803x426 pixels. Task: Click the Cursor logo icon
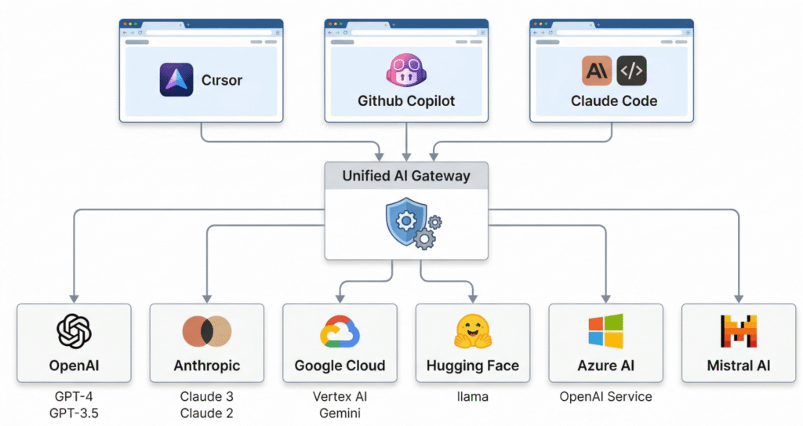(x=176, y=80)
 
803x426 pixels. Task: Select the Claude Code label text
(x=614, y=100)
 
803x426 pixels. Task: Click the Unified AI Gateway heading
(x=406, y=176)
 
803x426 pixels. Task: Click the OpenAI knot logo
(x=74, y=331)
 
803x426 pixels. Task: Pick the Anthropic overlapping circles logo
(x=207, y=331)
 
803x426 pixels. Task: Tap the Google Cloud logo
(x=340, y=331)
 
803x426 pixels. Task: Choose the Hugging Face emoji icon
(x=472, y=331)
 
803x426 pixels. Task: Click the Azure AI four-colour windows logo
(x=605, y=331)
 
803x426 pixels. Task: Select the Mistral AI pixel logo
(x=738, y=331)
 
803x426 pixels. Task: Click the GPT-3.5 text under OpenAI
(x=74, y=413)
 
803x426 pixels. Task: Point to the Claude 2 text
(x=207, y=413)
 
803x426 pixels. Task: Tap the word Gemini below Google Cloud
(x=340, y=413)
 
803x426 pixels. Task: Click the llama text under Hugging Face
(x=472, y=397)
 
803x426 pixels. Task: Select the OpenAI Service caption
(x=605, y=397)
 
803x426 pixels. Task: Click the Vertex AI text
(x=340, y=397)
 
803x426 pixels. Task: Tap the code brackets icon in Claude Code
(x=632, y=71)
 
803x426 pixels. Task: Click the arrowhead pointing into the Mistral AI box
(x=738, y=299)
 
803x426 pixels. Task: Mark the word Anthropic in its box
(x=207, y=366)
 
